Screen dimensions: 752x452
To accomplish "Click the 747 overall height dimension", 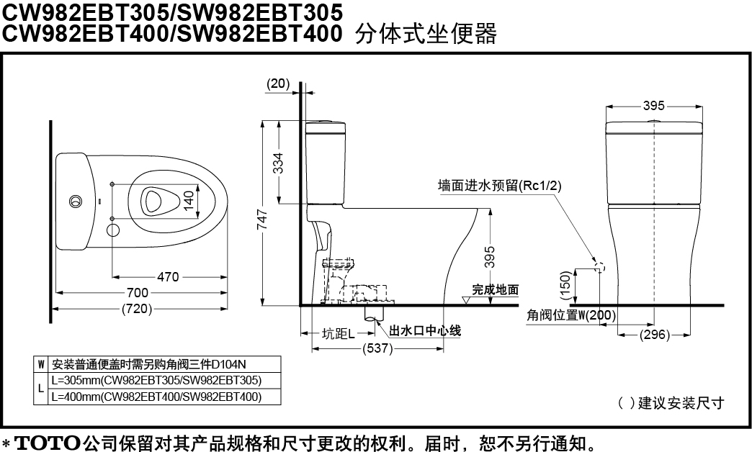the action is pyautogui.click(x=262, y=220).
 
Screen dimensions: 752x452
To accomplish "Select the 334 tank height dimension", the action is pyautogui.click(x=278, y=163).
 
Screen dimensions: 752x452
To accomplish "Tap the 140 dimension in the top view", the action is pyautogui.click(x=189, y=200).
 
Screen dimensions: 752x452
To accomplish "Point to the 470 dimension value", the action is pyautogui.click(x=168, y=276).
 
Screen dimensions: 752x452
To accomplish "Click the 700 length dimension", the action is pyautogui.click(x=137, y=292).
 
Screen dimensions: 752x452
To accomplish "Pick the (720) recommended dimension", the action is pyautogui.click(x=137, y=309).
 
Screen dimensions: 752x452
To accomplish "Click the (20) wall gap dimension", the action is pyautogui.click(x=278, y=83).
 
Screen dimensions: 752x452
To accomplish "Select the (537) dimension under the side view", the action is pyautogui.click(x=378, y=348).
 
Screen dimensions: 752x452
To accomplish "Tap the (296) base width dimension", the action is pyautogui.click(x=655, y=334).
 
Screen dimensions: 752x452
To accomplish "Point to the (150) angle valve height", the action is pyautogui.click(x=566, y=285).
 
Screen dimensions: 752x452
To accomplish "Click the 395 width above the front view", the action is pyautogui.click(x=654, y=106).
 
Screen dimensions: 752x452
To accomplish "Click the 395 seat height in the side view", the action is pyautogui.click(x=489, y=257).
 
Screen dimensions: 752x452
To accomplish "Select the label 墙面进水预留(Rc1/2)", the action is pyautogui.click(x=499, y=186).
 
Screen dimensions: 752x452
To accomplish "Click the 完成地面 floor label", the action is pyautogui.click(x=496, y=289).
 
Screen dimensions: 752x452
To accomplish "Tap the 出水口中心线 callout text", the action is pyautogui.click(x=425, y=331).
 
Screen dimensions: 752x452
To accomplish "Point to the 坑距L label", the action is pyautogui.click(x=339, y=334).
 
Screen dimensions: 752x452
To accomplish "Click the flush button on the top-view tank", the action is pyautogui.click(x=76, y=201).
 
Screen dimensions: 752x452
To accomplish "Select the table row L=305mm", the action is pyautogui.click(x=156, y=381).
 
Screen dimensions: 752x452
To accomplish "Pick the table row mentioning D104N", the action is pyautogui.click(x=148, y=364).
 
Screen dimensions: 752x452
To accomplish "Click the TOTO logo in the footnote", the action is pyautogui.click(x=48, y=443).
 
